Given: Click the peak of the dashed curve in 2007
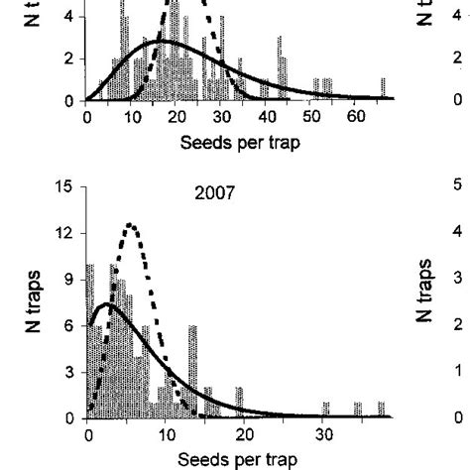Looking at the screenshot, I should (130, 225).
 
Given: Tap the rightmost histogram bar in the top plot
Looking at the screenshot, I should (383, 89).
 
